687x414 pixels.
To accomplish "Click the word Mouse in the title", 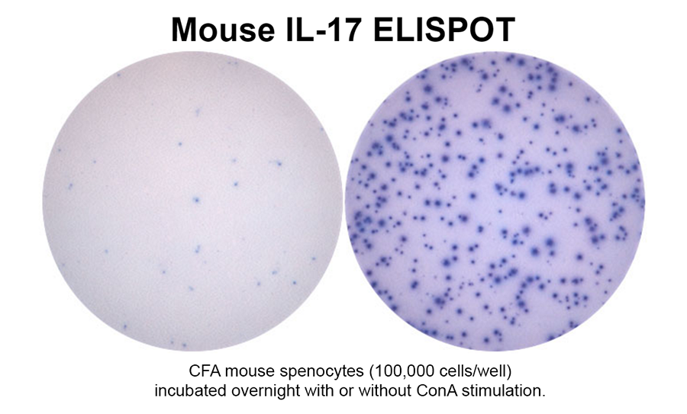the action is coord(223,29).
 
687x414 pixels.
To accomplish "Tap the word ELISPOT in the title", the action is coord(444,29).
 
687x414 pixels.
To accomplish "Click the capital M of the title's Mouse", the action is coord(183,29).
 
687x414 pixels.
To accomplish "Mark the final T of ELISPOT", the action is coord(505,29).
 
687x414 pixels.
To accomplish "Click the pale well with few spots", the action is coord(192,201).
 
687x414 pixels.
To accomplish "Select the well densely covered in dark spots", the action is coord(495,201).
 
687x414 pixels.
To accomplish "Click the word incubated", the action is coord(191,390).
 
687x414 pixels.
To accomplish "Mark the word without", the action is coord(382,390).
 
